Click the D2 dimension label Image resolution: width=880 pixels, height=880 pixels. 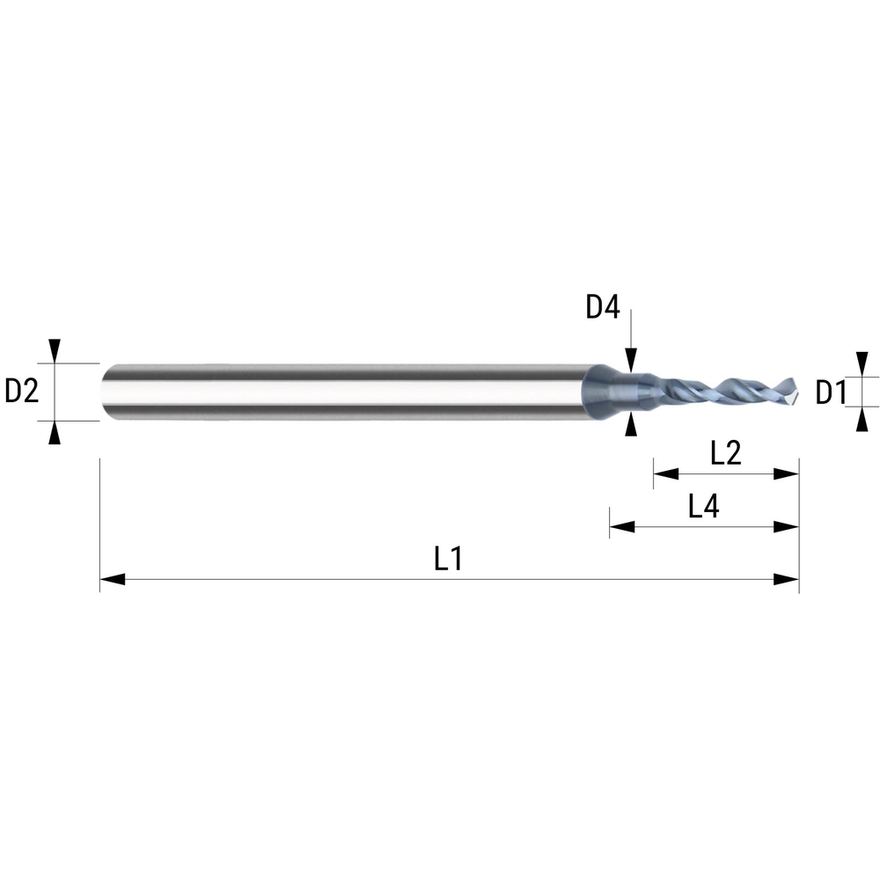click(22, 391)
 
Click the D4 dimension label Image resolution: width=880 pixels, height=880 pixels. click(604, 308)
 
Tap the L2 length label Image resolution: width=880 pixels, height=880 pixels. click(725, 453)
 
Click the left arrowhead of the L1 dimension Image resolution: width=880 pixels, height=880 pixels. click(112, 579)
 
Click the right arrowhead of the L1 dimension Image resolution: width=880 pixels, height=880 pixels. click(787, 579)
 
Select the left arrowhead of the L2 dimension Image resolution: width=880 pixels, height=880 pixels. click(665, 474)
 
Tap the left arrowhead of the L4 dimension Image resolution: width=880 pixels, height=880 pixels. click(622, 527)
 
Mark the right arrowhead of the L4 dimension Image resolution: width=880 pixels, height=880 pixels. click(787, 527)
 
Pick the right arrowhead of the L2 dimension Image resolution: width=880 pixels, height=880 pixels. click(787, 474)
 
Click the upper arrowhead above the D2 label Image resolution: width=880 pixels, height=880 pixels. click(55, 350)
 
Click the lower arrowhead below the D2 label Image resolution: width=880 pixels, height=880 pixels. click(55, 432)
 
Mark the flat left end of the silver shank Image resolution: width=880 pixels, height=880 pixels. click(104, 392)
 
